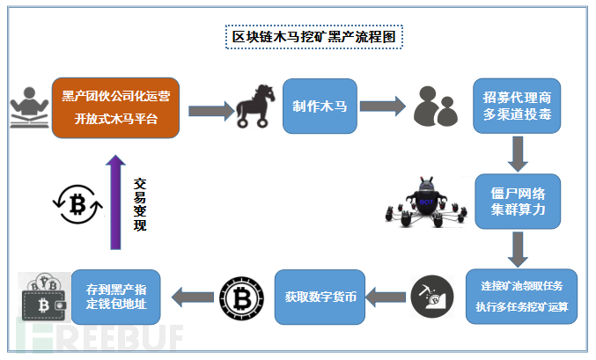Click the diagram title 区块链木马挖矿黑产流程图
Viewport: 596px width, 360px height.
coord(314,37)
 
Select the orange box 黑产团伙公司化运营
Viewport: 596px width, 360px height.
coord(115,108)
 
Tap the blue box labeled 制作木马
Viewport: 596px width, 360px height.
coord(320,106)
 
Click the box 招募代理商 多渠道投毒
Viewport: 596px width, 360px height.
coord(517,106)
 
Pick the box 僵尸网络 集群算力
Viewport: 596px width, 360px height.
coord(518,202)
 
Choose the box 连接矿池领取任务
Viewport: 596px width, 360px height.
coord(521,297)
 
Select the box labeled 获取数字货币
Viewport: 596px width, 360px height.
coord(320,297)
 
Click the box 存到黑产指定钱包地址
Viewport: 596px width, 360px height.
coord(116,297)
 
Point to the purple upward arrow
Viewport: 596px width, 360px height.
coord(115,202)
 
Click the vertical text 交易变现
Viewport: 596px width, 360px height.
coord(139,204)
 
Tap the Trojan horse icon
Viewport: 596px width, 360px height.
coord(255,106)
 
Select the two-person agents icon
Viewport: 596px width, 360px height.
coord(435,106)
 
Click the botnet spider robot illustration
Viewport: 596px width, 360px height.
coord(426,202)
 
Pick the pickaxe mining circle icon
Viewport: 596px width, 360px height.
coord(432,297)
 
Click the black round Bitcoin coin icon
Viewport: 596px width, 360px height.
coord(242,298)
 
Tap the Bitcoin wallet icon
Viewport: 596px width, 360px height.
coord(44,297)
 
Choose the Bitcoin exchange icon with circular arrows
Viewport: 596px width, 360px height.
coord(77,204)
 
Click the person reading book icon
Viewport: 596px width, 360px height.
coord(29,107)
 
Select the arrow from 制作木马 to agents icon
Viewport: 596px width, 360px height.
coord(383,106)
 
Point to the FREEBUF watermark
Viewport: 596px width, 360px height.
coord(99,335)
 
